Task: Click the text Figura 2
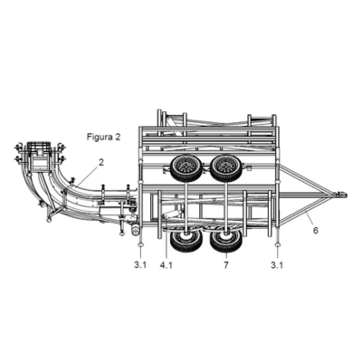point(103,137)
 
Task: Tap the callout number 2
point(101,162)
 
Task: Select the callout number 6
point(316,231)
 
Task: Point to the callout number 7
point(226,265)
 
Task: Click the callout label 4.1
point(167,265)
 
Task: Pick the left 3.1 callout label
point(140,265)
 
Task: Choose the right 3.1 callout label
point(277,265)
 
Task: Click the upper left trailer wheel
point(186,168)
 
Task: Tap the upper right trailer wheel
point(226,168)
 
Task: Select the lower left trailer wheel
point(186,241)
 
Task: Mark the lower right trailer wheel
point(226,241)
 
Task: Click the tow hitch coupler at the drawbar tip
point(340,195)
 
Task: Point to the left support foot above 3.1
point(141,245)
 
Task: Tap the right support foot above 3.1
point(277,245)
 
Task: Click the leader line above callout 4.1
point(167,243)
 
